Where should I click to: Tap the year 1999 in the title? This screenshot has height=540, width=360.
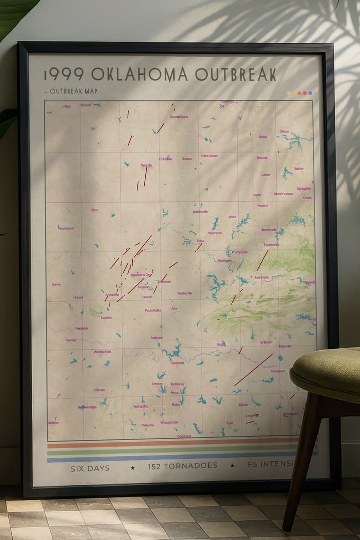point(64,74)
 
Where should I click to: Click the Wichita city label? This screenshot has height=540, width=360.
point(146,165)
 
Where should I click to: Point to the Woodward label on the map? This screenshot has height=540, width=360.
point(66,228)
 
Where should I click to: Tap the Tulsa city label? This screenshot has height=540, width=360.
point(200,241)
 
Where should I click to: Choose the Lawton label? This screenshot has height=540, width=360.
point(106,317)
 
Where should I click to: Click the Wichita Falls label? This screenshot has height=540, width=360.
point(102,352)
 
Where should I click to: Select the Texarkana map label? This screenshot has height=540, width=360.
point(277,371)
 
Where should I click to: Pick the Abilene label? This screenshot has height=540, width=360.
point(53,422)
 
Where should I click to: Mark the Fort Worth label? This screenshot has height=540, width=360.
point(140,406)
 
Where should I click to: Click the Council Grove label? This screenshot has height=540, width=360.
point(179,117)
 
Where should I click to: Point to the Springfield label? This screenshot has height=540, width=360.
point(303,188)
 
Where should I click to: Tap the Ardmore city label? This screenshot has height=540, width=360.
point(157,337)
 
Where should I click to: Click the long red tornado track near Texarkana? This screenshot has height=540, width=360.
point(253,370)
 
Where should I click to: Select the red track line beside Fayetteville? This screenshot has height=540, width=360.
point(263,260)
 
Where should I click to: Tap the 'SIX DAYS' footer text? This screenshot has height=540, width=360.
point(90,468)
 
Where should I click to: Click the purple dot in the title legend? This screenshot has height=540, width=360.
point(310,93)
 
